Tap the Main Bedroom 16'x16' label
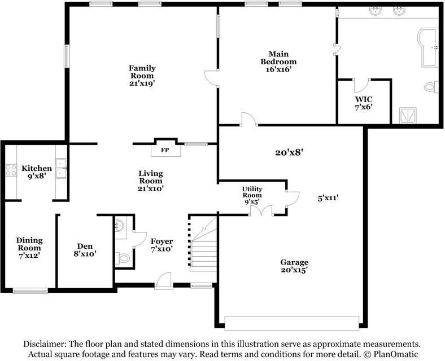[279, 62]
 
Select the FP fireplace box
[165, 150]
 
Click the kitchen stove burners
[11, 170]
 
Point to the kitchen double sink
[61, 168]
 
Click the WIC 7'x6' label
[364, 103]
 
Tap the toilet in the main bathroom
[431, 86]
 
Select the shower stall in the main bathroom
[408, 115]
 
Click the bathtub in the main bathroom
[428, 47]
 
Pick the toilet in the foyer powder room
[123, 258]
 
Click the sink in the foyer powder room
[120, 226]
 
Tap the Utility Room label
[252, 192]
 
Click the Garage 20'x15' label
[294, 266]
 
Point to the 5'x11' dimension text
[328, 198]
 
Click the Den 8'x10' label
[85, 250]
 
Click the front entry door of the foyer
[164, 280]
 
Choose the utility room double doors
[261, 210]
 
